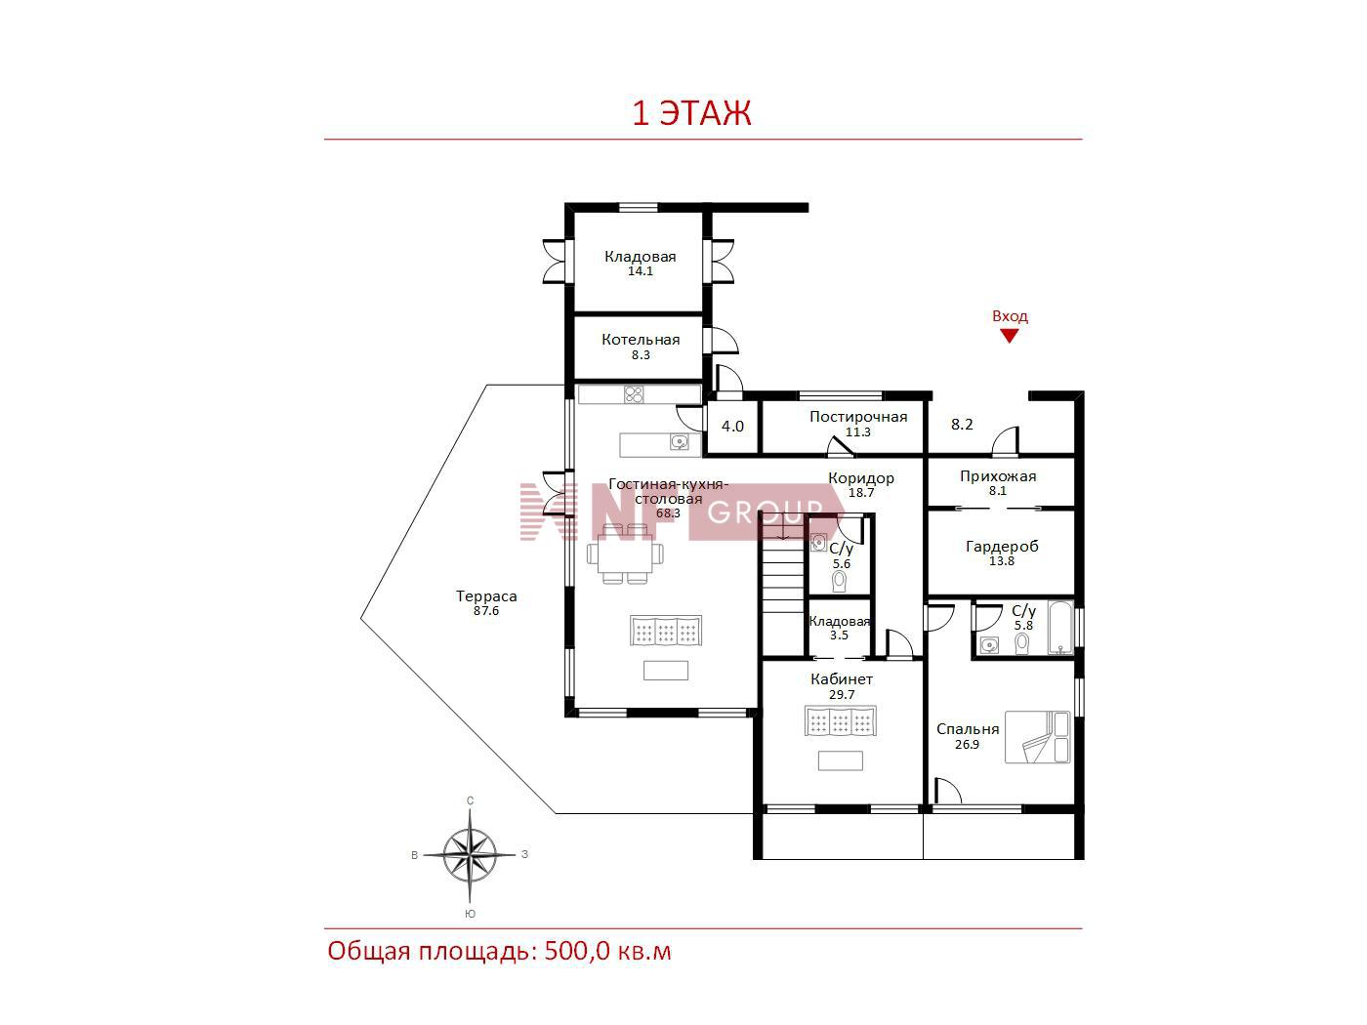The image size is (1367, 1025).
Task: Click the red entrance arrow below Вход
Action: pos(1009,336)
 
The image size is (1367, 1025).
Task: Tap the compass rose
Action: pos(471,854)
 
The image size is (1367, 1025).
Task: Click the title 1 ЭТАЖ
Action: pos(692,113)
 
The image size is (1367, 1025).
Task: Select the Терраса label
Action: pos(486,596)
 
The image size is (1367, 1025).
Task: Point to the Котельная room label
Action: pos(641,340)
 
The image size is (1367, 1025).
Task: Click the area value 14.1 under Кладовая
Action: pos(641,270)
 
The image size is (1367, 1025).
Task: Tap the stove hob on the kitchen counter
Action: pos(634,394)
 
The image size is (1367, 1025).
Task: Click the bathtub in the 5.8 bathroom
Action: pos(1060,628)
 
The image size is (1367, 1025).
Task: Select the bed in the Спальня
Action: pos(1037,737)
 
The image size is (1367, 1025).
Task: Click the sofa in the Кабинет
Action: pos(840,721)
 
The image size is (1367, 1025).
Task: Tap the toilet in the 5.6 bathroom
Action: pos(839,581)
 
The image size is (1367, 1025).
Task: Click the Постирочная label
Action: pos(858,417)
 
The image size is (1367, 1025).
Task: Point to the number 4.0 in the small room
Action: pos(732,427)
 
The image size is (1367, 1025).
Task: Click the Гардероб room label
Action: pos(1002,547)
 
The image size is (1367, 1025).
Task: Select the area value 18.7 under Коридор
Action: pos(861,492)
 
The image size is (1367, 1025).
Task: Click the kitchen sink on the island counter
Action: pos(679,442)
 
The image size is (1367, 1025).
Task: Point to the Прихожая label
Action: pos(998,476)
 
